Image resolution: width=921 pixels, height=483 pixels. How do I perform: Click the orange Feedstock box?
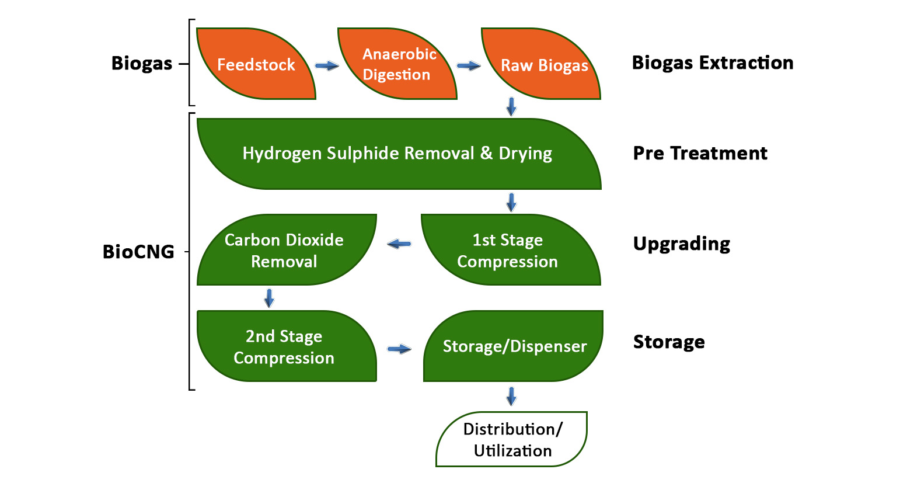tap(256, 64)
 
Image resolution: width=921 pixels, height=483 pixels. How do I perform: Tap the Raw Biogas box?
tap(543, 65)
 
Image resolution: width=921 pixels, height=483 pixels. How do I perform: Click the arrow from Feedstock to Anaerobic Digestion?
tap(327, 65)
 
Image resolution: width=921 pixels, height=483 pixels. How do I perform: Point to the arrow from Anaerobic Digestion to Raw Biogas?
tap(468, 66)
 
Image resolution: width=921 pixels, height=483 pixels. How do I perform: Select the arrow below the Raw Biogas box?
tap(511, 106)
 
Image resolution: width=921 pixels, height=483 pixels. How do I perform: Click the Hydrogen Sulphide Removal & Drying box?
tap(398, 154)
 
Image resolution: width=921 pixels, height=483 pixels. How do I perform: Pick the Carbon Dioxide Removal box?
tap(285, 251)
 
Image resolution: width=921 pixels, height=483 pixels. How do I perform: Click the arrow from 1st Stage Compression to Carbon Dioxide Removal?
tap(399, 244)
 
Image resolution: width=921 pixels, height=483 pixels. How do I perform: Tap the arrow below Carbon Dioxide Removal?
tap(269, 298)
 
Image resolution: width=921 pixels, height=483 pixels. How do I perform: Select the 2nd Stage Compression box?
tap(285, 347)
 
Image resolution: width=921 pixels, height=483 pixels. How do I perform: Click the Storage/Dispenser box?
tap(514, 346)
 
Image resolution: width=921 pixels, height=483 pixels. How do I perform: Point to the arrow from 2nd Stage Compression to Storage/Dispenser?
tap(399, 349)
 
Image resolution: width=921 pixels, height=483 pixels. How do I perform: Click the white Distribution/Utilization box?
tap(512, 440)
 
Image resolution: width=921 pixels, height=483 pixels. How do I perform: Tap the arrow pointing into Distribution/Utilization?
tap(511, 396)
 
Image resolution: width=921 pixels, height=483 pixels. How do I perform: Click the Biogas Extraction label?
tap(712, 62)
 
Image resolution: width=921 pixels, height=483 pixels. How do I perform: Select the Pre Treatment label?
tap(700, 153)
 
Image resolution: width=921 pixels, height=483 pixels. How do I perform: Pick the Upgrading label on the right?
tap(681, 244)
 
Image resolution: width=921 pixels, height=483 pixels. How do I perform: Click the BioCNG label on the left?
tap(138, 252)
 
